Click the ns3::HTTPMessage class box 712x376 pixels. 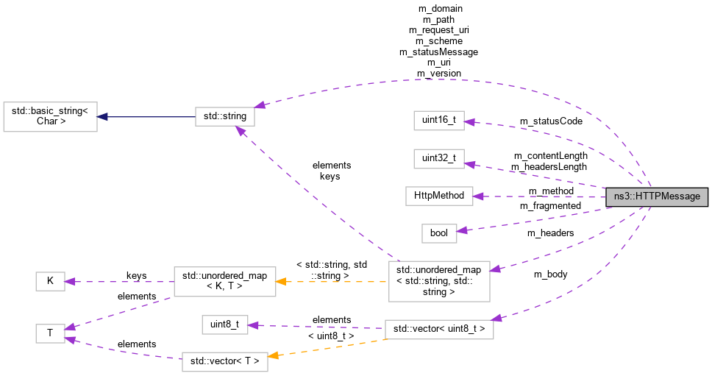657,196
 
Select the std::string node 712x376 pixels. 225,116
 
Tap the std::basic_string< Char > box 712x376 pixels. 50,116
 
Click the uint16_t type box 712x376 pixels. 438,121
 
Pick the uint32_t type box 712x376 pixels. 438,157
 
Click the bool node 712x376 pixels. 439,233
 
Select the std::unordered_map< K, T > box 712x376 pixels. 224,281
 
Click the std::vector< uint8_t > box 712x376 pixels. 438,329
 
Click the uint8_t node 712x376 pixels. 224,324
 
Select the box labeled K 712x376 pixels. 50,280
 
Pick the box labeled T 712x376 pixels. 50,333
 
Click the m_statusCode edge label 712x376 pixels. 550,121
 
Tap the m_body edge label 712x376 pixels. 551,274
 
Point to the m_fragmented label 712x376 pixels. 550,205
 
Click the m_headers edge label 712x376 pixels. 550,233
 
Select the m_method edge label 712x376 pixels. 550,191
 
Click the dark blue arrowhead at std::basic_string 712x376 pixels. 104,116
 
